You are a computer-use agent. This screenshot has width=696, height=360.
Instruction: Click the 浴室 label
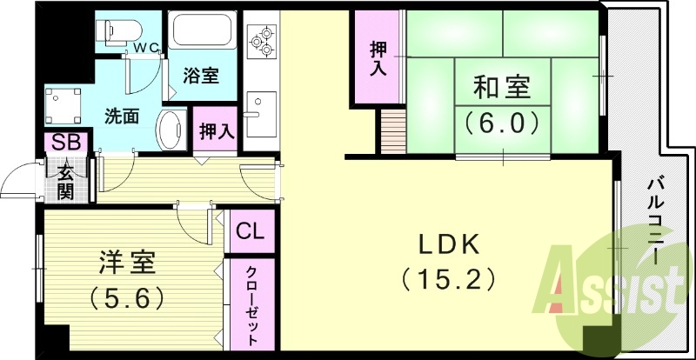click(x=200, y=76)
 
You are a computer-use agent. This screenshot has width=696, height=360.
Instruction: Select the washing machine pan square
click(x=63, y=106)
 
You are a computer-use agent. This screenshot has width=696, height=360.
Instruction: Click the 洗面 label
click(x=122, y=115)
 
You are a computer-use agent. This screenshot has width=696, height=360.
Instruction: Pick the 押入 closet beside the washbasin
click(x=215, y=131)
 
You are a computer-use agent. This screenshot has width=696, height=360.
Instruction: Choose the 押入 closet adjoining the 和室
click(x=377, y=57)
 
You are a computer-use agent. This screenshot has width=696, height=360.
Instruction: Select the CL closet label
click(x=251, y=233)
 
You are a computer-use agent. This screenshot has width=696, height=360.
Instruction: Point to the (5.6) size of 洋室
click(x=126, y=298)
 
